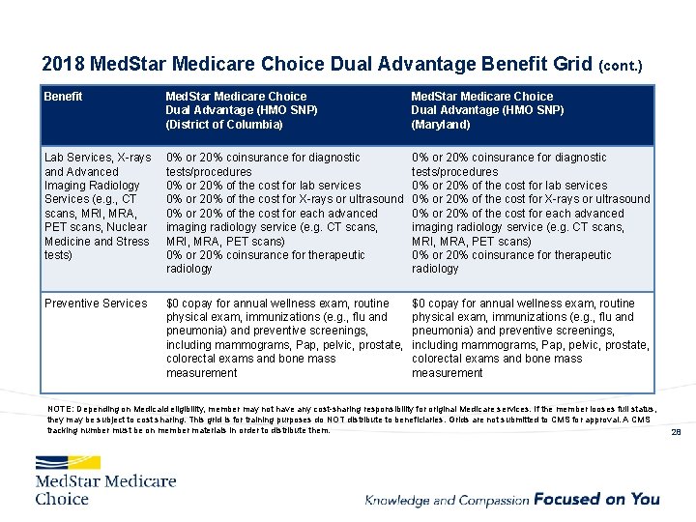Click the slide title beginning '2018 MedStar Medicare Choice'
tap(319, 65)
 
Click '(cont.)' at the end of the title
tap(622, 67)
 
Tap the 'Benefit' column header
tap(63, 97)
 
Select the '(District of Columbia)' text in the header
tap(224, 125)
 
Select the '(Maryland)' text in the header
tap(441, 125)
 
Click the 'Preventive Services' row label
tap(96, 304)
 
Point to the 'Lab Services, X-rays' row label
tap(98, 158)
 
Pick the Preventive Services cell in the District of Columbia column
tap(284, 337)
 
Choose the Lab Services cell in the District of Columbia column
tap(284, 213)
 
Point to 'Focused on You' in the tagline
tap(596, 499)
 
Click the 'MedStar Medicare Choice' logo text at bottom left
tap(105, 489)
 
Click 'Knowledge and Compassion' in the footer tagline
tap(447, 500)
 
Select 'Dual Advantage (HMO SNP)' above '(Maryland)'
tap(487, 110)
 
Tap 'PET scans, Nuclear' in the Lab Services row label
tap(95, 227)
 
